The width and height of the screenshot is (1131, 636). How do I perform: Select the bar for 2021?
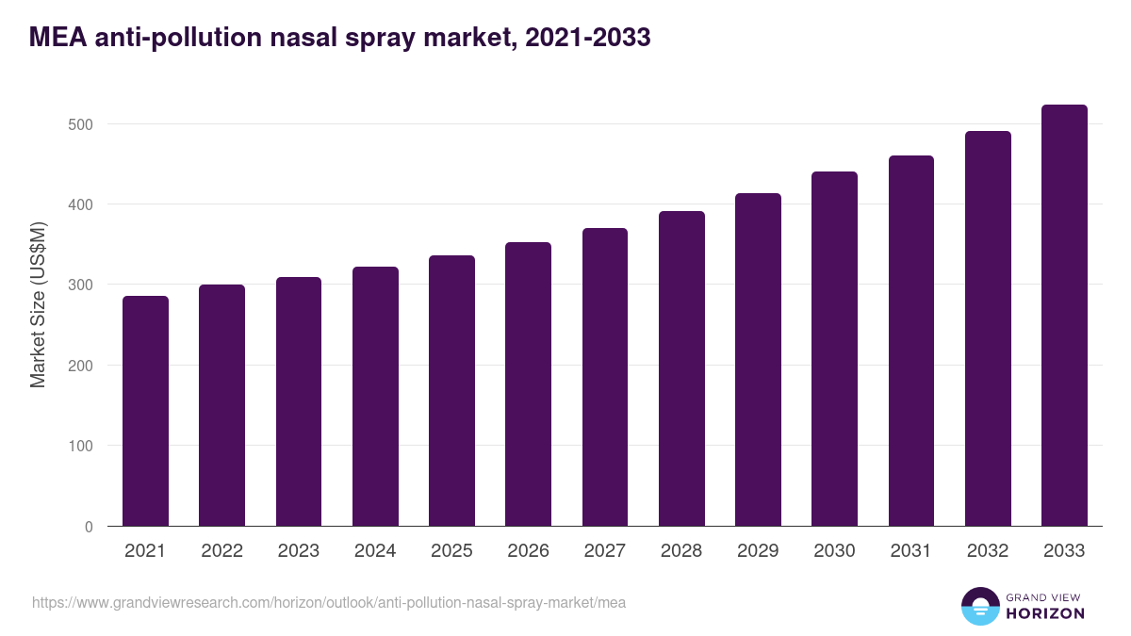[145, 411]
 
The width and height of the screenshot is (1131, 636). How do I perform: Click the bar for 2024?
[375, 397]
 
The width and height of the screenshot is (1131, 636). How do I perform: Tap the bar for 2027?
[605, 377]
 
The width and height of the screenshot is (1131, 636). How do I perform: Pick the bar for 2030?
[834, 349]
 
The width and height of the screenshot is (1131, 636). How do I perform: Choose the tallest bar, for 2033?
[1064, 316]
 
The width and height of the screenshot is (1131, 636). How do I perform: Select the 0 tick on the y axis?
[89, 527]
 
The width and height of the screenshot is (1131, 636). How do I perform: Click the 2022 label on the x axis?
[221, 551]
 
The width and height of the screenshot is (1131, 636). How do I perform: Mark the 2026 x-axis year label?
[528, 551]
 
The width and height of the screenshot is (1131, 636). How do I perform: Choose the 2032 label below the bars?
[988, 551]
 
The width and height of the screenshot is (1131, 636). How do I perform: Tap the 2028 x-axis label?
[681, 551]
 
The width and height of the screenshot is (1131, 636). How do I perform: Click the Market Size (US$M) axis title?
[38, 305]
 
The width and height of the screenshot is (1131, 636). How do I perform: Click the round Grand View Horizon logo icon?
[979, 606]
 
